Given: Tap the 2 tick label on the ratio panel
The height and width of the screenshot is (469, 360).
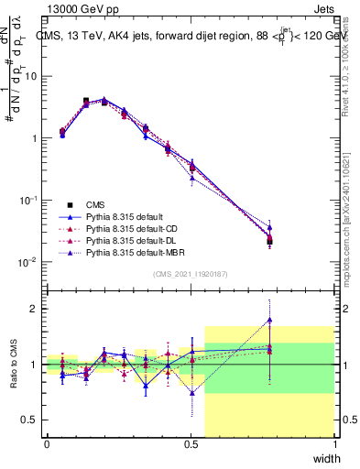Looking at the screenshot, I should (35, 309).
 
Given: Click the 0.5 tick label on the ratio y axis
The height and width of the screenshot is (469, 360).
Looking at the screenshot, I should (30, 420).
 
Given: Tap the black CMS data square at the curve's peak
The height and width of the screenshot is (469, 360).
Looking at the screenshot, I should (86, 101).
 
